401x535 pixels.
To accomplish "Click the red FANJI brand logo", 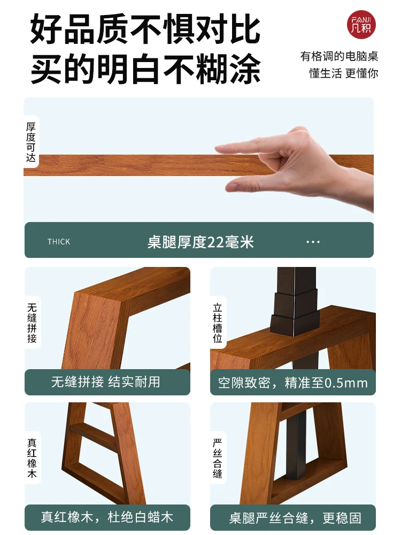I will click(x=362, y=25).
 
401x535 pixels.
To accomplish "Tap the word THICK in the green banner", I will click(x=59, y=242).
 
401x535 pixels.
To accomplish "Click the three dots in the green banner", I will click(x=313, y=242).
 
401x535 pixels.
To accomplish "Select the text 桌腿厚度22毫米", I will click(x=200, y=242).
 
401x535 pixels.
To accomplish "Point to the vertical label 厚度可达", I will click(x=31, y=142).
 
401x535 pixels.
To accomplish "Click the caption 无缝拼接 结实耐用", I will click(x=106, y=382).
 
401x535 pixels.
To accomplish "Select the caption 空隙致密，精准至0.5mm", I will click(x=292, y=383).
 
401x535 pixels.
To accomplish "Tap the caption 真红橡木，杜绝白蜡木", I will click(x=107, y=517).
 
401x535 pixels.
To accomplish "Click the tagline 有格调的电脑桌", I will click(x=339, y=56).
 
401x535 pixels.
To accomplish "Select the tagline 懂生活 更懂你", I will click(x=343, y=73).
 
